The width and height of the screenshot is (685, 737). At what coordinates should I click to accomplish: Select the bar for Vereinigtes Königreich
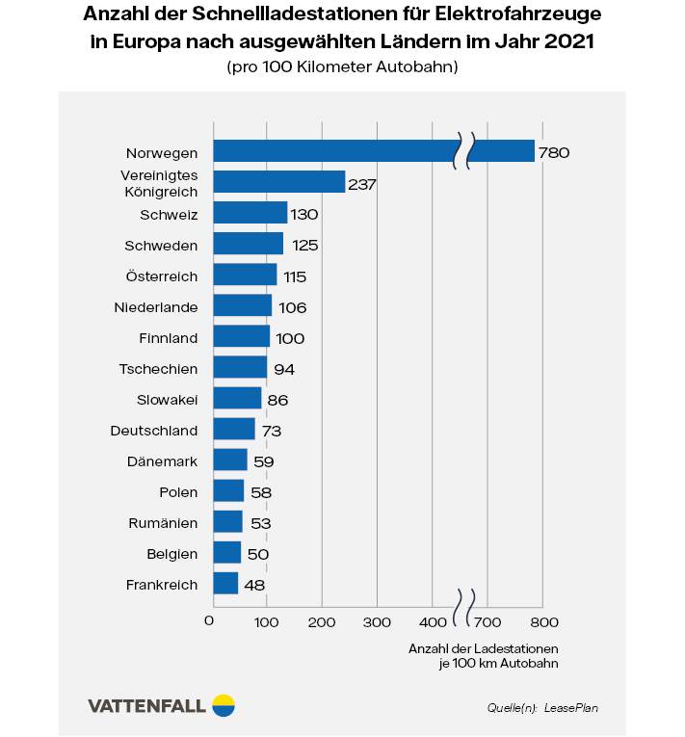tap(278, 182)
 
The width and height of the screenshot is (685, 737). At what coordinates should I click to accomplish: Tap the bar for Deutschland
tap(234, 430)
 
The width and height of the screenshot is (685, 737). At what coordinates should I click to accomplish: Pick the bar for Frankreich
tap(225, 584)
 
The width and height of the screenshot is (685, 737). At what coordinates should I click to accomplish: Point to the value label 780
tap(555, 152)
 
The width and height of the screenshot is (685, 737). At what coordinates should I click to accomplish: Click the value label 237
tap(362, 183)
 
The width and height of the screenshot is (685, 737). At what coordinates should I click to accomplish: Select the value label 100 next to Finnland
tap(290, 338)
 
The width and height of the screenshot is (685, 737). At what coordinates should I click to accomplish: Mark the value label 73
tap(271, 431)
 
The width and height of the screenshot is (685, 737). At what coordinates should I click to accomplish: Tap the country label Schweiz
tap(169, 214)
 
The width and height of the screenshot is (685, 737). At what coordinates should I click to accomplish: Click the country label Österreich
tap(162, 276)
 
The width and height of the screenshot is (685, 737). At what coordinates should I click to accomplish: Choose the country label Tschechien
tap(159, 369)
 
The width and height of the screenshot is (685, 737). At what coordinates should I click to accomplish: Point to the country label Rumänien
tap(163, 523)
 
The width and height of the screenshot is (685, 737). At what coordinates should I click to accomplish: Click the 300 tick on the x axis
tap(377, 620)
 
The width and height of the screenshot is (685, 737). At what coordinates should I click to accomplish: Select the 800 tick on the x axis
tap(544, 620)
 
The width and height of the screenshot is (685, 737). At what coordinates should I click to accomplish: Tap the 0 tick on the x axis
tap(210, 620)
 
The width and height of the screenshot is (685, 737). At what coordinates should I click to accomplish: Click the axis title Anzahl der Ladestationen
tap(483, 648)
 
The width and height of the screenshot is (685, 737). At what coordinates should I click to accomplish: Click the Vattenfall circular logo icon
tap(224, 705)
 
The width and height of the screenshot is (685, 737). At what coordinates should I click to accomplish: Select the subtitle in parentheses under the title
tap(342, 67)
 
